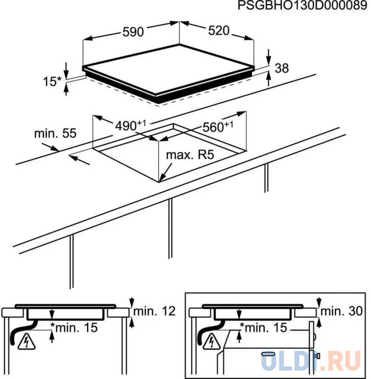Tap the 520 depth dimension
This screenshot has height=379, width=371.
[219, 31]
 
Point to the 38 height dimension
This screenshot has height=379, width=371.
[282, 68]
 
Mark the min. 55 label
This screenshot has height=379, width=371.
[55, 134]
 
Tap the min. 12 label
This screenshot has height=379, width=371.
[154, 311]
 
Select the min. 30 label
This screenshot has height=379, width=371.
[340, 311]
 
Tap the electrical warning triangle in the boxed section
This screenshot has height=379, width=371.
[212, 341]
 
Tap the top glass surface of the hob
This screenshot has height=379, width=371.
[170, 71]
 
